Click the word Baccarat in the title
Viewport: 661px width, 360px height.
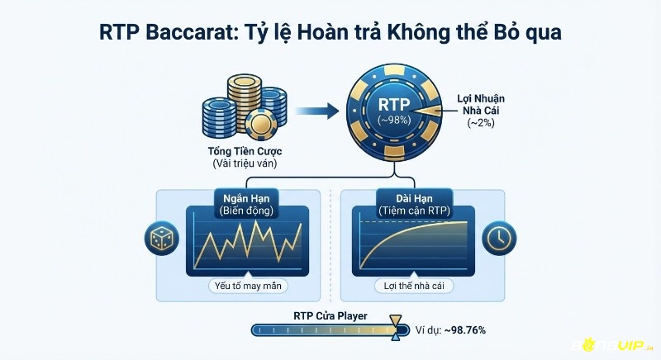[x=195, y=32]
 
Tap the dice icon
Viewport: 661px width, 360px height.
[x=159, y=237]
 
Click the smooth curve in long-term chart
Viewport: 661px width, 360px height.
[x=413, y=239]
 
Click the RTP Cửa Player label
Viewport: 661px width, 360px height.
[x=330, y=315]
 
